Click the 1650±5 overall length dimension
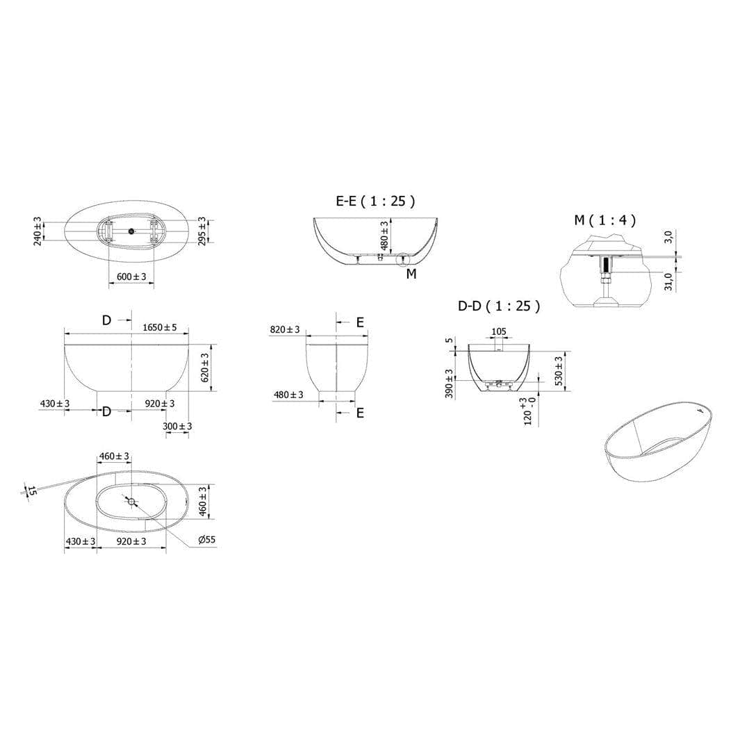tap(160, 327)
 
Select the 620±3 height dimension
tap(205, 368)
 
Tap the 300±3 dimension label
tap(177, 426)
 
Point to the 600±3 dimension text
tap(131, 277)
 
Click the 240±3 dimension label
tap(38, 231)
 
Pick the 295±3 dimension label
tap(202, 231)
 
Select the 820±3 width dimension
tap(285, 329)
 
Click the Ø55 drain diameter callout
tap(206, 539)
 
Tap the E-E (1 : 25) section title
tap(375, 201)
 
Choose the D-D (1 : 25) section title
tap(499, 306)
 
